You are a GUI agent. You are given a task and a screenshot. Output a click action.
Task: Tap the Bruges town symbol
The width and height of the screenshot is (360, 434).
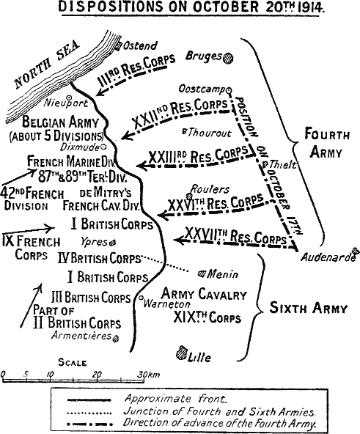pos(229,56)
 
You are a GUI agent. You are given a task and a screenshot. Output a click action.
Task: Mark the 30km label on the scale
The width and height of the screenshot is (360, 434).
pos(150,375)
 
